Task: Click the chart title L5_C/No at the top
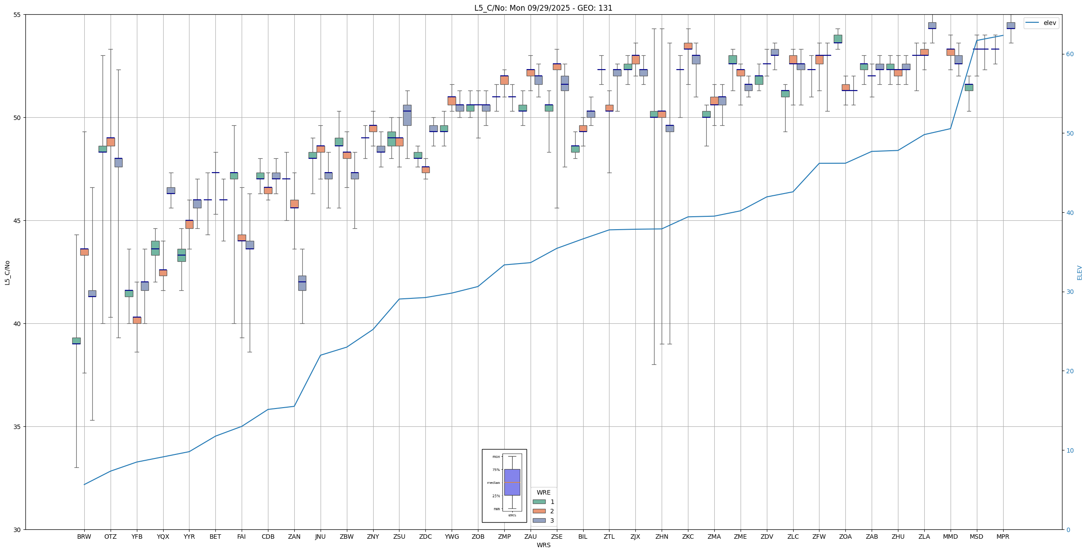543,8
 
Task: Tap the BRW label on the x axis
84,536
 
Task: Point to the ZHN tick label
662,536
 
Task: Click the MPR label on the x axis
1003,536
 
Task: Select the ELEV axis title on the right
1079,272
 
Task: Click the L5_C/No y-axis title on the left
7,272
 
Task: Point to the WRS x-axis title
543,545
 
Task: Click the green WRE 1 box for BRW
76,341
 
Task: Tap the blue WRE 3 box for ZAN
302,283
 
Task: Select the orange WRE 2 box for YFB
137,320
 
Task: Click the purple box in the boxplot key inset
512,482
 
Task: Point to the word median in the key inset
493,483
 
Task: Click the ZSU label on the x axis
399,536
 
